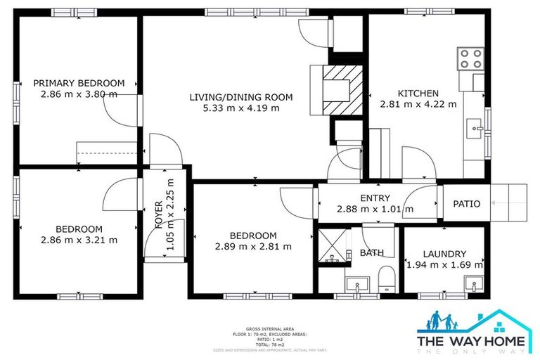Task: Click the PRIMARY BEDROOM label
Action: (x=79, y=83)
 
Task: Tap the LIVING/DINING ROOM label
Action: (x=241, y=97)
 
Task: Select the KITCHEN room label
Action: (x=418, y=94)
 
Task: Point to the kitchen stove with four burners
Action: (x=470, y=58)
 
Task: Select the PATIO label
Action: (x=466, y=204)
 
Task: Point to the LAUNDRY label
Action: (x=444, y=254)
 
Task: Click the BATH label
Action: (x=371, y=252)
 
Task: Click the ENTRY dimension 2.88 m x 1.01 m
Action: (x=375, y=209)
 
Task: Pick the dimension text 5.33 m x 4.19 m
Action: (x=241, y=108)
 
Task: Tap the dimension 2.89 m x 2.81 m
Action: (x=254, y=247)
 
